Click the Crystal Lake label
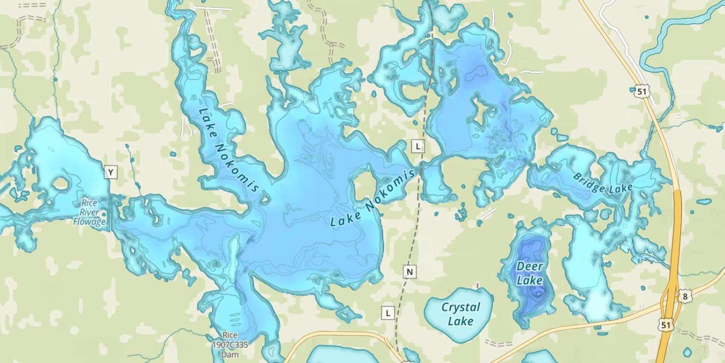click(461, 314)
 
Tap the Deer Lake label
click(530, 273)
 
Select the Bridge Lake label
click(602, 183)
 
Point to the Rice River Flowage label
click(90, 212)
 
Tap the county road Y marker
click(111, 172)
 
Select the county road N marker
click(409, 272)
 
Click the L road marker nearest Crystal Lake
click(388, 313)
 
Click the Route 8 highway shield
click(684, 296)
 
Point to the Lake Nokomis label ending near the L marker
click(373, 199)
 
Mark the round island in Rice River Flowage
click(61, 184)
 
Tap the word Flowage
click(89, 222)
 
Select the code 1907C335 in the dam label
click(230, 345)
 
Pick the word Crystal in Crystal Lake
click(461, 307)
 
